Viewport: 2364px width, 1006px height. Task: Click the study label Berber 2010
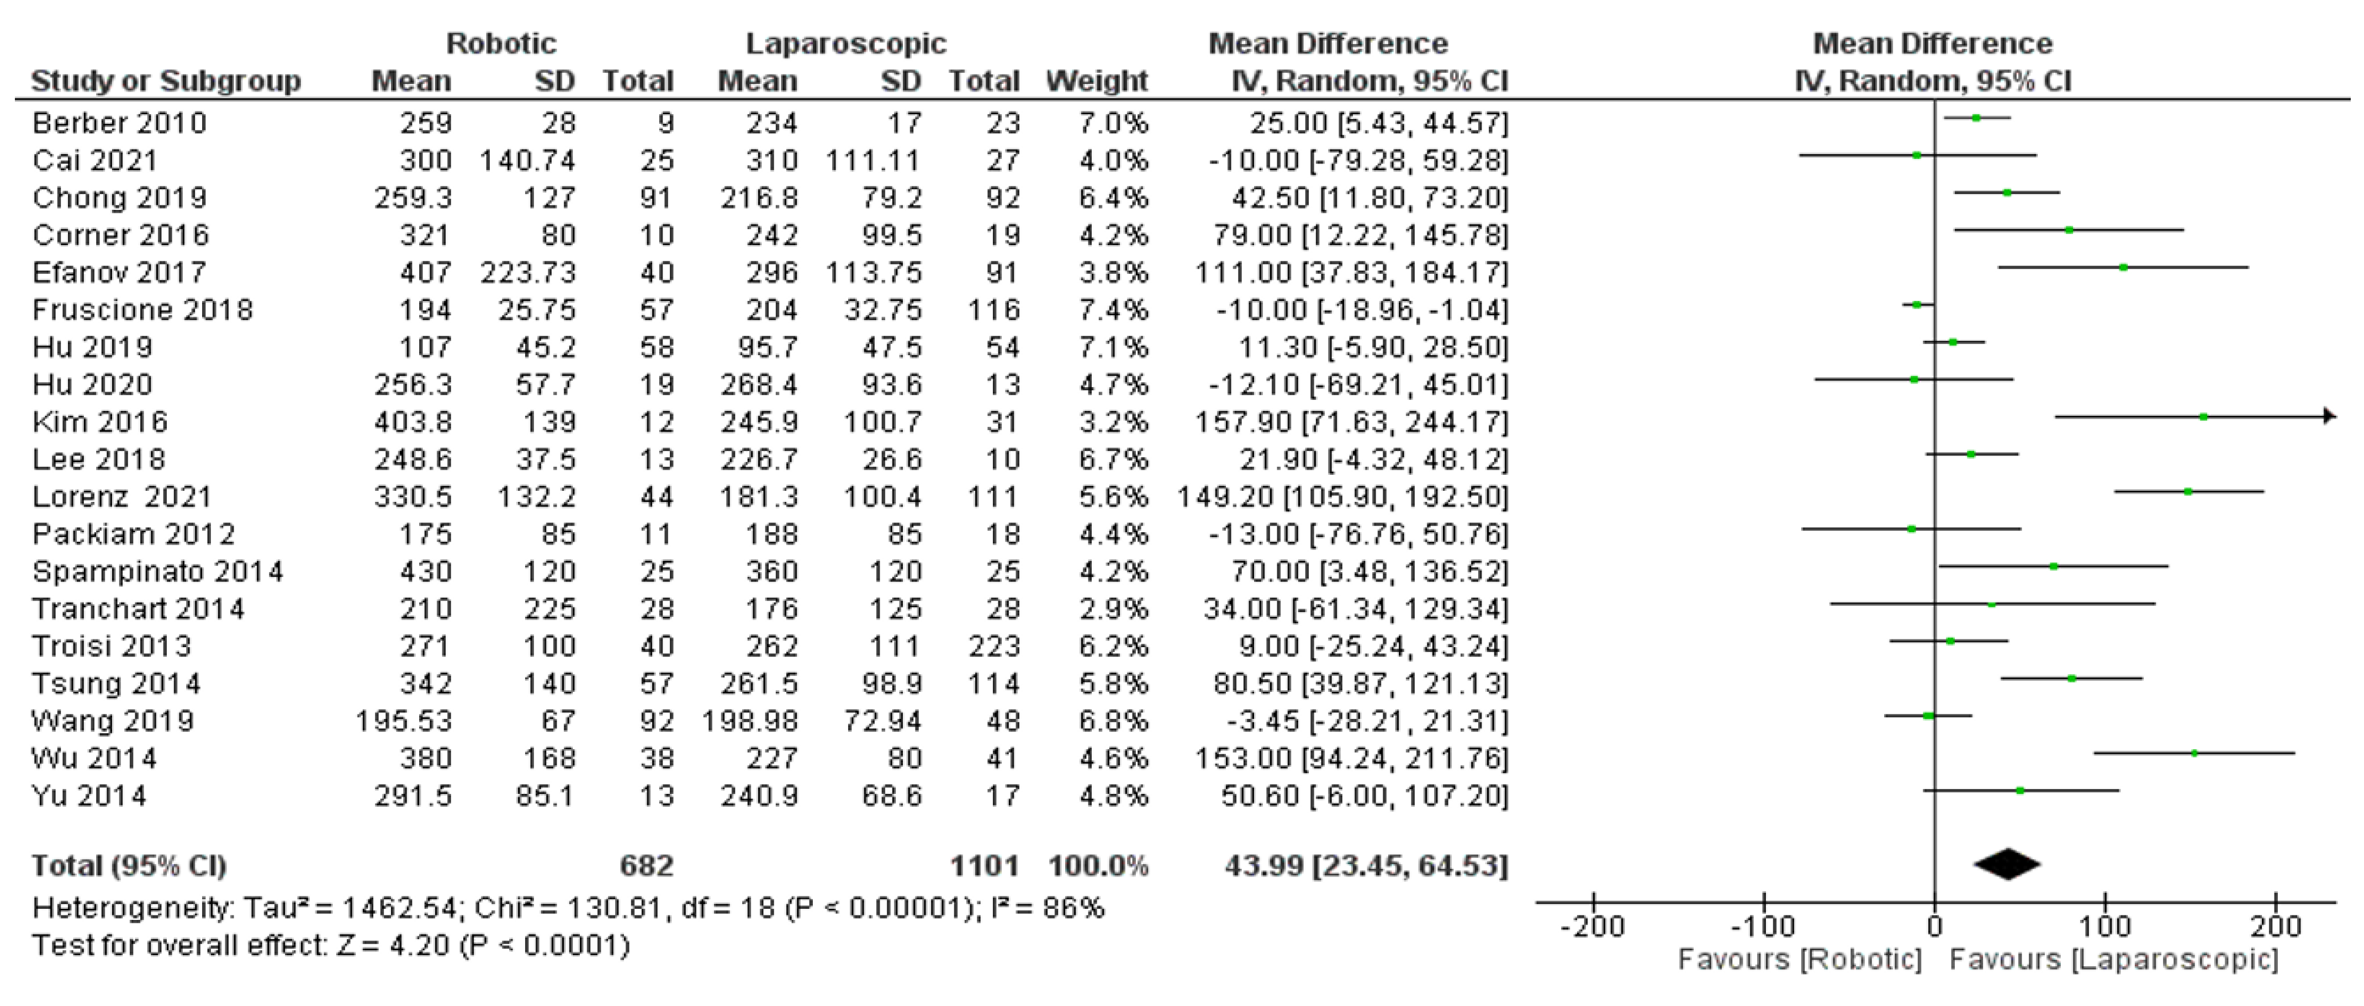point(119,123)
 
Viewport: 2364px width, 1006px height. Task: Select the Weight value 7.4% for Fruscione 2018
point(1113,309)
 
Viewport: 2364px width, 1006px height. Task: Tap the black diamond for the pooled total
point(2007,864)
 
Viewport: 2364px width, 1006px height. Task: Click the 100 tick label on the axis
point(2104,925)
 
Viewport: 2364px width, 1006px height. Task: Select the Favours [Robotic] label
point(1799,959)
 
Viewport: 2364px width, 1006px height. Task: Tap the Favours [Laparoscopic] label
point(2113,959)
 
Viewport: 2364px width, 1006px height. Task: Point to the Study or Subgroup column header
point(166,81)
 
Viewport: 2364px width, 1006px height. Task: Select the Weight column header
point(1097,81)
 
